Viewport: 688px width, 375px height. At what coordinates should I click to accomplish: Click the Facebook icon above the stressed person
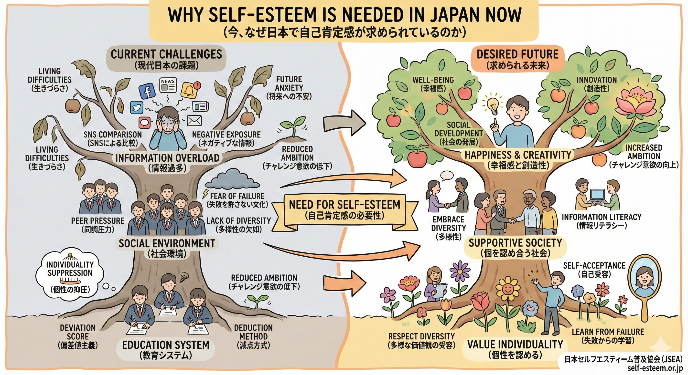click(x=147, y=92)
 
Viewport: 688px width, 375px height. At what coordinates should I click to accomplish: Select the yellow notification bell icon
click(x=189, y=90)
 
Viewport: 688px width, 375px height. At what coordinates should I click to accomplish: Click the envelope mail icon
click(x=194, y=121)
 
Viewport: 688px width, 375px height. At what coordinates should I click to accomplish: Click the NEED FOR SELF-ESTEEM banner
click(x=344, y=209)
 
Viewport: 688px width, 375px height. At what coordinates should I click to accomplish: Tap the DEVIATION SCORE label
click(x=77, y=336)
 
